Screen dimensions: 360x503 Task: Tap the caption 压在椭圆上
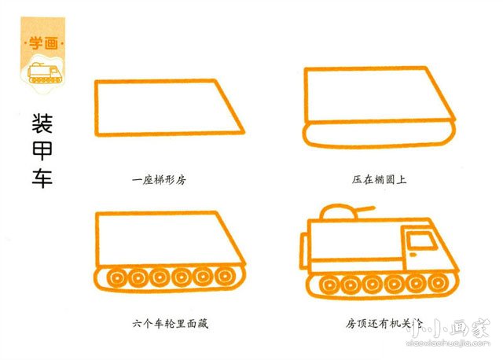380,180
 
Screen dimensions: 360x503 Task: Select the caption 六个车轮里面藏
170,323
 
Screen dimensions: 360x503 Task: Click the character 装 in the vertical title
42,125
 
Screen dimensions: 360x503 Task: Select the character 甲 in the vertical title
42,152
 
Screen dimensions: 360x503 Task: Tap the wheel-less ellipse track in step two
380,134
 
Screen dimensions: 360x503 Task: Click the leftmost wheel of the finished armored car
325,284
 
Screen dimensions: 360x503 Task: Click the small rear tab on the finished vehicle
305,235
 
